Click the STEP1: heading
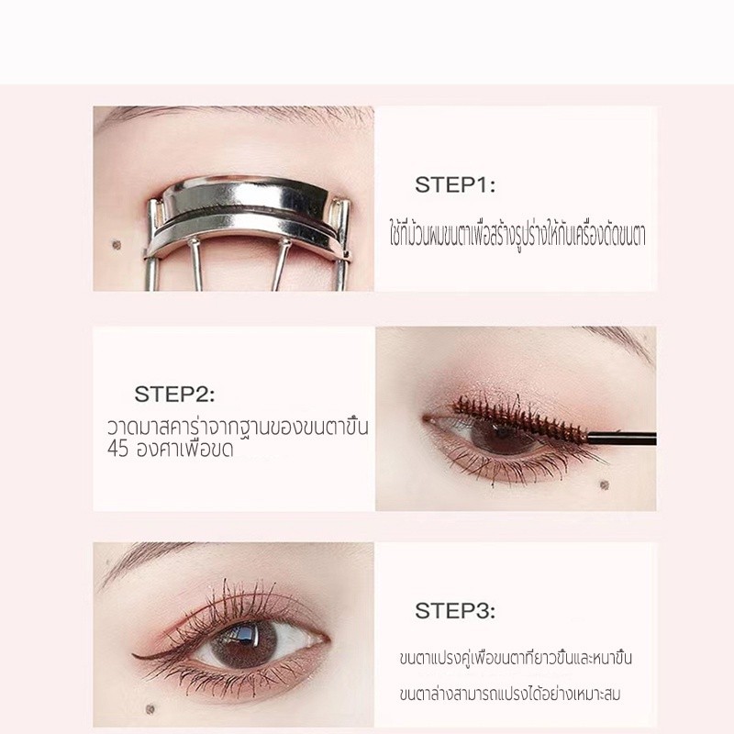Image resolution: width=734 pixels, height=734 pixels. pyautogui.click(x=455, y=184)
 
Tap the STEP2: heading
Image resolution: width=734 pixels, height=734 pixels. pyautogui.click(x=174, y=395)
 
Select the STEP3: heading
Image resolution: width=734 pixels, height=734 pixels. pyautogui.click(x=455, y=610)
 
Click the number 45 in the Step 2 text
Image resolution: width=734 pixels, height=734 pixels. pyautogui.click(x=117, y=449)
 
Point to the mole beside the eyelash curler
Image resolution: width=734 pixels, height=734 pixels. pyautogui.click(x=117, y=244)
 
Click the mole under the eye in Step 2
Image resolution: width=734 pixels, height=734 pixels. pyautogui.click(x=605, y=484)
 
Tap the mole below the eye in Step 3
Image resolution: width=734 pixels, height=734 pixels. pyautogui.click(x=150, y=708)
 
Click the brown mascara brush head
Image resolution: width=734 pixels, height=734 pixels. pyautogui.click(x=519, y=419)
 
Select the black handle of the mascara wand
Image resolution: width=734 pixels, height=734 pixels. pyautogui.click(x=622, y=439)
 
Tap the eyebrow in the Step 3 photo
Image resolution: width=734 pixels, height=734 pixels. pyautogui.click(x=150, y=559)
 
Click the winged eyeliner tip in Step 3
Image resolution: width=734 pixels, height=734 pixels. pyautogui.click(x=137, y=655)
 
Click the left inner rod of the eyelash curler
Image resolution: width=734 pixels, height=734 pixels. pyautogui.click(x=195, y=263)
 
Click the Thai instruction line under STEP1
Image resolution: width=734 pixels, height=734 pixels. pyautogui.click(x=517, y=235)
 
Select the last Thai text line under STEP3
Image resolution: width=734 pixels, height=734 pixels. pyautogui.click(x=510, y=694)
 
